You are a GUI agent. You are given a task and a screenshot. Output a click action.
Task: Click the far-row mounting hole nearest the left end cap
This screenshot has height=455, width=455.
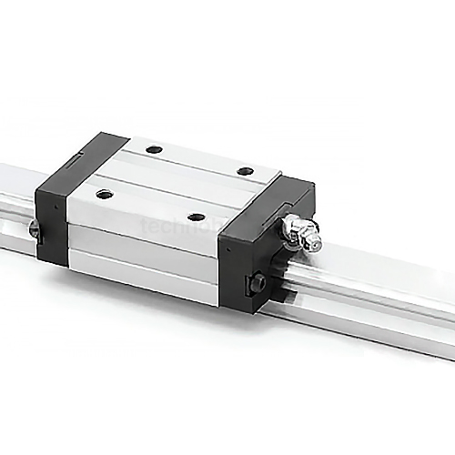click(154, 148)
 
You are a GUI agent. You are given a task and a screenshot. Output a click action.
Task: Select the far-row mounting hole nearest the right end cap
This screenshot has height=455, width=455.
click(244, 171)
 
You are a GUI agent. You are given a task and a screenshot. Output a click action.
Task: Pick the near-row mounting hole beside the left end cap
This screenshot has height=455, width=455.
click(104, 193)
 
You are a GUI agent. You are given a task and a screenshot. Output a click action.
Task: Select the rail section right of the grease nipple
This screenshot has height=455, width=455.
click(382, 300)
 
